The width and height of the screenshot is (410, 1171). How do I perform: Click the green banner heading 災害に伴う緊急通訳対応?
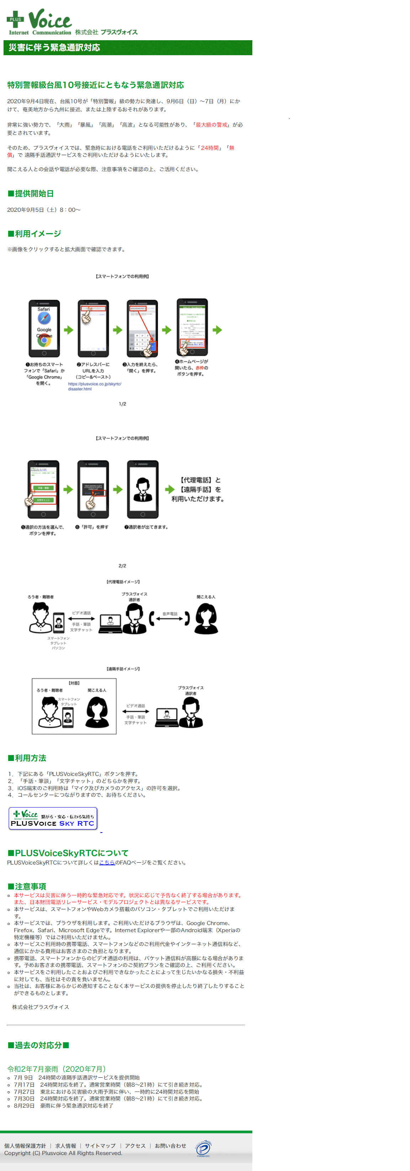point(54,48)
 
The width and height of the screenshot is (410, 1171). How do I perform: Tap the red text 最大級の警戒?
point(211,125)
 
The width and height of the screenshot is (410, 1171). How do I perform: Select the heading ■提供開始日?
point(31,194)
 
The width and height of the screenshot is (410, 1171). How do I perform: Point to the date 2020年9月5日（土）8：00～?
point(44,210)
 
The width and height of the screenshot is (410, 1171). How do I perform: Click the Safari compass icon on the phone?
point(44,318)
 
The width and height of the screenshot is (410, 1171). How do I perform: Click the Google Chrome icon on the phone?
point(44,340)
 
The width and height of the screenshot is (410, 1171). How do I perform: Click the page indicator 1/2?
point(122,404)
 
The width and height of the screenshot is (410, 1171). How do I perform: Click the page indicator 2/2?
point(122,566)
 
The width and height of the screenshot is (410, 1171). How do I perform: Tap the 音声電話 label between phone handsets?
point(169,614)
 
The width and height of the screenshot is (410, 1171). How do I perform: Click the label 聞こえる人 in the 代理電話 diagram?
point(206,597)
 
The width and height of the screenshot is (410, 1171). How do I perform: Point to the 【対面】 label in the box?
point(74,683)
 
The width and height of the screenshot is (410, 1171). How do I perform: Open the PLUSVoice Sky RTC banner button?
point(53,818)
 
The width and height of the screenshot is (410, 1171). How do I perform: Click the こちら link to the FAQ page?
point(107,862)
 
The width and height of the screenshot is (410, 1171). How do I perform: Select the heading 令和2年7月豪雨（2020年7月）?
point(57,1069)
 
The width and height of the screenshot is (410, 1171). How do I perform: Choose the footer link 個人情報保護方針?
point(25,1145)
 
